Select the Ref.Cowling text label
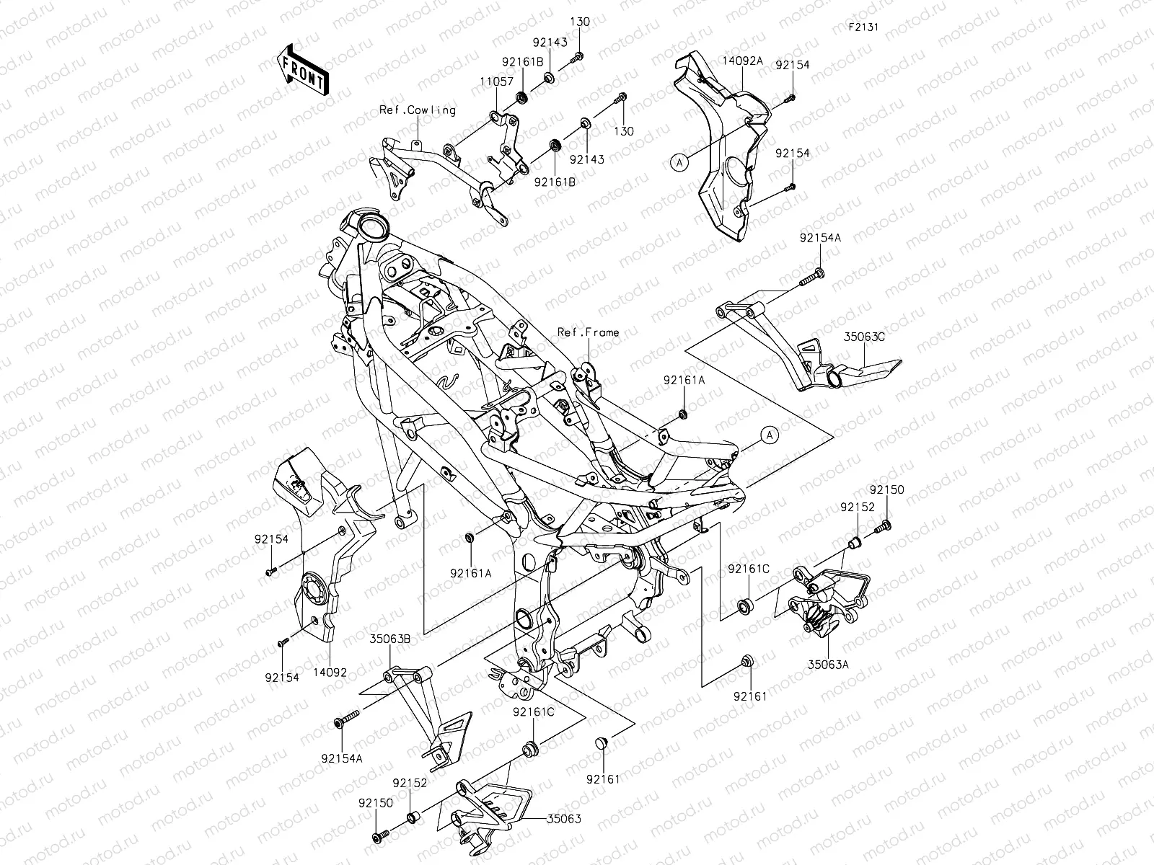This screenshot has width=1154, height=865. [418, 110]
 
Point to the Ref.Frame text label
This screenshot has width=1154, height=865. [588, 332]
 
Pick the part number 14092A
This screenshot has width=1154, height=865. [742, 61]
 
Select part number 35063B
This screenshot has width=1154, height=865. [391, 638]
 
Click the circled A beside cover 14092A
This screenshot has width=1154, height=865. [679, 163]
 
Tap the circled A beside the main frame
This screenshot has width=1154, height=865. [770, 435]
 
